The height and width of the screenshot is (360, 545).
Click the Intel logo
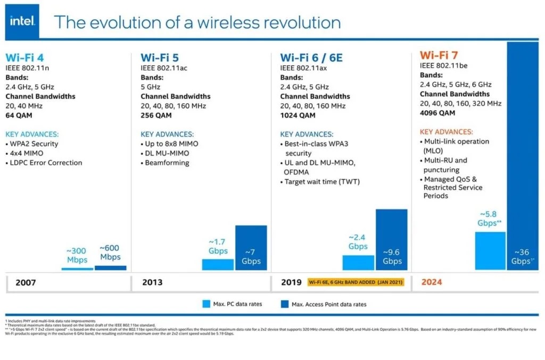22,21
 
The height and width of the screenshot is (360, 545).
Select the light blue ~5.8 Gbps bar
490,250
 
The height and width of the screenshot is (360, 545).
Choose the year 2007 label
26,282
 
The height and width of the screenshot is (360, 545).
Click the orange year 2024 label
432,282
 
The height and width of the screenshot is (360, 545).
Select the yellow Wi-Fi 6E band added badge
356,282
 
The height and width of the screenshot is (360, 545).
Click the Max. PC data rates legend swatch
207,304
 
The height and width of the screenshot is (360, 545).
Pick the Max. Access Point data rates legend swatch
285,304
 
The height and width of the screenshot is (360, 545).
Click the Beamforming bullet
167,163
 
